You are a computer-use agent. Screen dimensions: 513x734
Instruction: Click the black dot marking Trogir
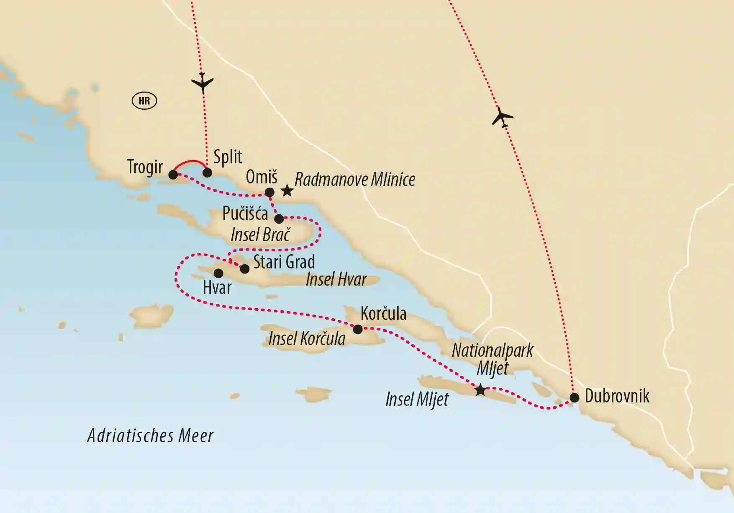(x=173, y=175)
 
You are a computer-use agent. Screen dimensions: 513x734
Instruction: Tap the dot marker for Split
(x=207, y=173)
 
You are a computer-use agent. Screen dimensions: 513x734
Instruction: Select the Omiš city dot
(x=270, y=193)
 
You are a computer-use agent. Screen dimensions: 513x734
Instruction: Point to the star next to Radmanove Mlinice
(x=287, y=191)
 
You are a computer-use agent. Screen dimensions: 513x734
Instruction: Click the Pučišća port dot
(x=279, y=219)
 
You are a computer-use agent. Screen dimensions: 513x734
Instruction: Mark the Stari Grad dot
(x=245, y=269)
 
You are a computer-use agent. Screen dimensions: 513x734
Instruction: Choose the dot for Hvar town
(x=218, y=273)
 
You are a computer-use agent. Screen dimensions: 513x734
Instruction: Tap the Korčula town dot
(x=358, y=330)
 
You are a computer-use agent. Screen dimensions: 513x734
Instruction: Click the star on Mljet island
(x=480, y=390)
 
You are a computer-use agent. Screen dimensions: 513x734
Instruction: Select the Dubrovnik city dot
(x=575, y=397)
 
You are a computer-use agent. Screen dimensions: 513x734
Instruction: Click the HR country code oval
(x=144, y=101)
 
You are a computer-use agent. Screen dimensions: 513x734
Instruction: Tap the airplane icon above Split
(x=203, y=82)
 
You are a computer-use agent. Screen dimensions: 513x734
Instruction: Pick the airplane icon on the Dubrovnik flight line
(x=502, y=117)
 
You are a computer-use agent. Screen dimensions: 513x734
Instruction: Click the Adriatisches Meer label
(x=150, y=436)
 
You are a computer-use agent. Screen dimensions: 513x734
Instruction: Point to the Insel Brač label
(x=260, y=235)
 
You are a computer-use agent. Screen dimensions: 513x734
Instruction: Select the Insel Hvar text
(x=336, y=279)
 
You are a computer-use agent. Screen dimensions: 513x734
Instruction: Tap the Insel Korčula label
(x=307, y=339)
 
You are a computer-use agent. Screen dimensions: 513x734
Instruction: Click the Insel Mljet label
(x=417, y=400)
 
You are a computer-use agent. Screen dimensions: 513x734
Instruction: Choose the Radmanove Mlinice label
(x=355, y=180)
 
